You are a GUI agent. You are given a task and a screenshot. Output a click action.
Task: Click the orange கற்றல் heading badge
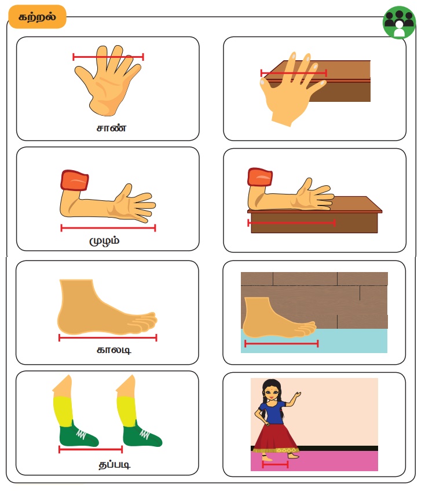coord(38,17)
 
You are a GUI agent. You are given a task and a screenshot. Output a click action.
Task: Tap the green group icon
coord(399,23)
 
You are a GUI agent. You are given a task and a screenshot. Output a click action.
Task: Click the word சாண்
coord(111,128)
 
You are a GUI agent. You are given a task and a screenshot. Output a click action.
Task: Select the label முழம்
coord(104,241)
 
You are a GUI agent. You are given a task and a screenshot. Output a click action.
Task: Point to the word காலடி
coord(113,350)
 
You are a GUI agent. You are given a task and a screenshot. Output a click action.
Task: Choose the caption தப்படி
coord(114,465)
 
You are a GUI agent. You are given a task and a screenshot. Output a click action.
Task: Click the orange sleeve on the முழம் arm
coord(75,181)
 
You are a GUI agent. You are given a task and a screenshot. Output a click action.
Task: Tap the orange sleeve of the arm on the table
coord(260,177)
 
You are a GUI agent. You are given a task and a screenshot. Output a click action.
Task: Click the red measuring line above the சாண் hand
coord(108,57)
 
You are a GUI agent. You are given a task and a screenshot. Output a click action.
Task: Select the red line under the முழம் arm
coord(108,228)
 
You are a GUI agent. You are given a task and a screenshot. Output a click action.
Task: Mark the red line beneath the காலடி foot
coord(108,337)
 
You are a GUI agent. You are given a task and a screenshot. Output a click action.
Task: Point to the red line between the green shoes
coord(90,450)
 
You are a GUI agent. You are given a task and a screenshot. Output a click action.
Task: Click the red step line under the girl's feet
coord(275,464)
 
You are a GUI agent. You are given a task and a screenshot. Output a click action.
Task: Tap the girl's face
coord(271,392)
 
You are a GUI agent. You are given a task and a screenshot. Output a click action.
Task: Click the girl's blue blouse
coord(271,412)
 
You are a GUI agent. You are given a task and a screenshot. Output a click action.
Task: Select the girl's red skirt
coord(275,438)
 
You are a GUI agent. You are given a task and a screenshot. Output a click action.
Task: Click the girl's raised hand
coord(296,395)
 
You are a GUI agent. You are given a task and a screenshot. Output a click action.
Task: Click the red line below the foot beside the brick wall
coord(281,344)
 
